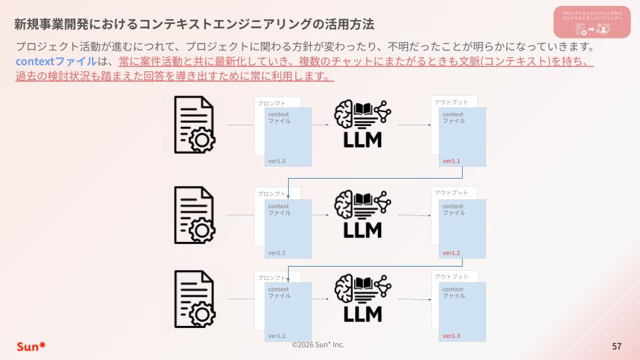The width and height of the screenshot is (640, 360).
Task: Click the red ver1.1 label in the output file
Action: coord(451,161)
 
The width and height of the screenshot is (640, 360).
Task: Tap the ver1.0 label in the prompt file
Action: coord(277,161)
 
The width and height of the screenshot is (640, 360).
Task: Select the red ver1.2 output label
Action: coord(451,253)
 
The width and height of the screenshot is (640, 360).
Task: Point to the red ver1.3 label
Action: coord(451,335)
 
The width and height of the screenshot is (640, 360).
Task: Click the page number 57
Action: coord(617,346)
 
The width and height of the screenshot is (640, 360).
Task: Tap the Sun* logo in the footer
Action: coord(31,346)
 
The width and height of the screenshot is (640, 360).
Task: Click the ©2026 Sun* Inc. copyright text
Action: coord(318,344)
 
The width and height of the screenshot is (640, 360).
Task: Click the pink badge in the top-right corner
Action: coord(592,22)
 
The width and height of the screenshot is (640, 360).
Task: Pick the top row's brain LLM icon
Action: coord(363,123)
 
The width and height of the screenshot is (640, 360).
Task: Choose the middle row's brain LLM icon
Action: coord(363,214)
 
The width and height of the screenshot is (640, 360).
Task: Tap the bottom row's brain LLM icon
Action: coord(363,297)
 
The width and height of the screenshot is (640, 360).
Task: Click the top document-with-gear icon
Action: coord(195,125)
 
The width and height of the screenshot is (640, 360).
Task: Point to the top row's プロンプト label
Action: coord(271,103)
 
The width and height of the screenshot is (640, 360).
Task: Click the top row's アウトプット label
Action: coord(451,102)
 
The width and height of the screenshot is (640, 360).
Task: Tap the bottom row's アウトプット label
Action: coord(451,276)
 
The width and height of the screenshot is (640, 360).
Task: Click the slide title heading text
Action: coord(193,25)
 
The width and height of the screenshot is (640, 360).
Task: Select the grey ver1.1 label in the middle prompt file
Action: coord(277,253)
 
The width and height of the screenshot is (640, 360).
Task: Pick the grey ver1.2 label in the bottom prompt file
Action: coord(277,335)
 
